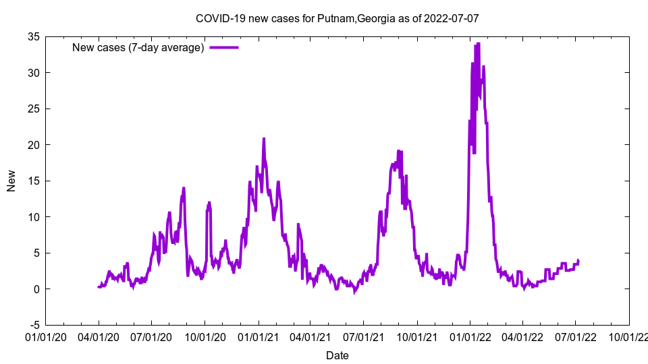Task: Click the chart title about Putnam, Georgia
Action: coord(337,18)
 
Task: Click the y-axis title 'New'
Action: coord(11,181)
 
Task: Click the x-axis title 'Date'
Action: coord(337,355)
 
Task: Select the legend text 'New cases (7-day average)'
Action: coord(138,48)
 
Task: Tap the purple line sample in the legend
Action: coord(224,48)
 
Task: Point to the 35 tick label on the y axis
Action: coord(33,36)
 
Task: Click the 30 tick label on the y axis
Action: coord(33,73)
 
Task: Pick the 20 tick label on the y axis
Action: coord(33,145)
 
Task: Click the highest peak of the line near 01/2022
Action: coord(478,44)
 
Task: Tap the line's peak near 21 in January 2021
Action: coord(264,138)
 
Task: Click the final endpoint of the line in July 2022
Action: coord(578,260)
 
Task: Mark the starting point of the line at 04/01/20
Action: coord(99,287)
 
